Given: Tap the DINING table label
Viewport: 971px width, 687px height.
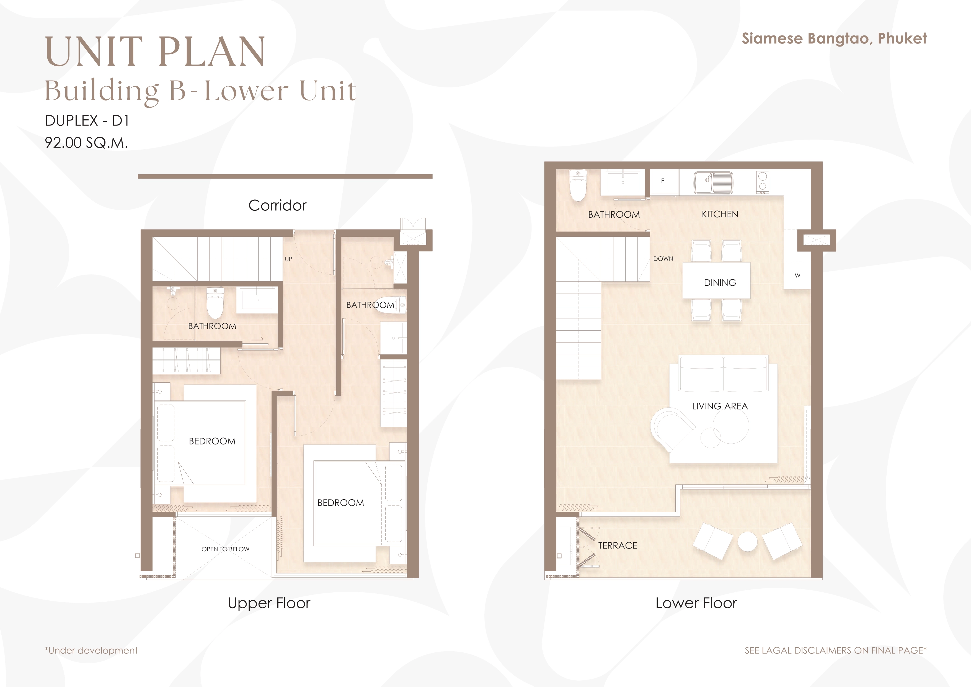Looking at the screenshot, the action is [x=720, y=283].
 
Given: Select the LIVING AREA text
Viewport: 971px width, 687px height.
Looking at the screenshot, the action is [x=720, y=406].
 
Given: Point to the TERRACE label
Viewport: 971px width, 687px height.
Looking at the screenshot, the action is [x=618, y=546].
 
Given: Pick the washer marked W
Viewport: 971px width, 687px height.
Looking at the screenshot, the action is [x=797, y=276].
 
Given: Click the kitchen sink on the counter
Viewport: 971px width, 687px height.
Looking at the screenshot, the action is [x=713, y=182].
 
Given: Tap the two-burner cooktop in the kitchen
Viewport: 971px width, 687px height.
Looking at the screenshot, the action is [x=763, y=182].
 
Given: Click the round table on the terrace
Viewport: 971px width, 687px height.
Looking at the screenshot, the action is [x=747, y=542].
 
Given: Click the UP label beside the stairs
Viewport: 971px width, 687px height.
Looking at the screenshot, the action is [x=288, y=259].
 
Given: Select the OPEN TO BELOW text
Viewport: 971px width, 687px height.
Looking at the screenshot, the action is [x=225, y=549].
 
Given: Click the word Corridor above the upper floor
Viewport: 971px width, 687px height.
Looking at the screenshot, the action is [x=277, y=205].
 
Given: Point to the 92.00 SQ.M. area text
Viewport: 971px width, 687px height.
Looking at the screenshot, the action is [x=86, y=143].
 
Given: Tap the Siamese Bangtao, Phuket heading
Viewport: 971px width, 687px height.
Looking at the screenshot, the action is [x=834, y=38].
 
